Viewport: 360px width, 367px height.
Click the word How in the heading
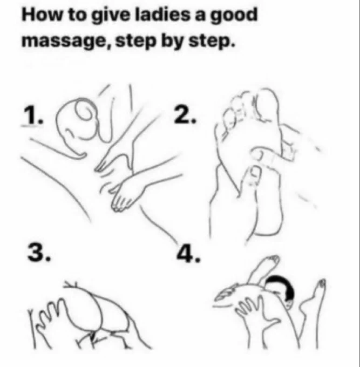click(x=42, y=15)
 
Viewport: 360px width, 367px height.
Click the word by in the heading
click(x=172, y=40)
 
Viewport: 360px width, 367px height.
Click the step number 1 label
click(x=33, y=115)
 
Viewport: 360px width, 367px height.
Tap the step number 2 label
click(x=185, y=114)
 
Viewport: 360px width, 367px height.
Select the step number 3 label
click(x=39, y=252)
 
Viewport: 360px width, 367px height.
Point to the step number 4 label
click(x=188, y=254)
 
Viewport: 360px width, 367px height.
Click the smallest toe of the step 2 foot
click(x=221, y=132)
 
